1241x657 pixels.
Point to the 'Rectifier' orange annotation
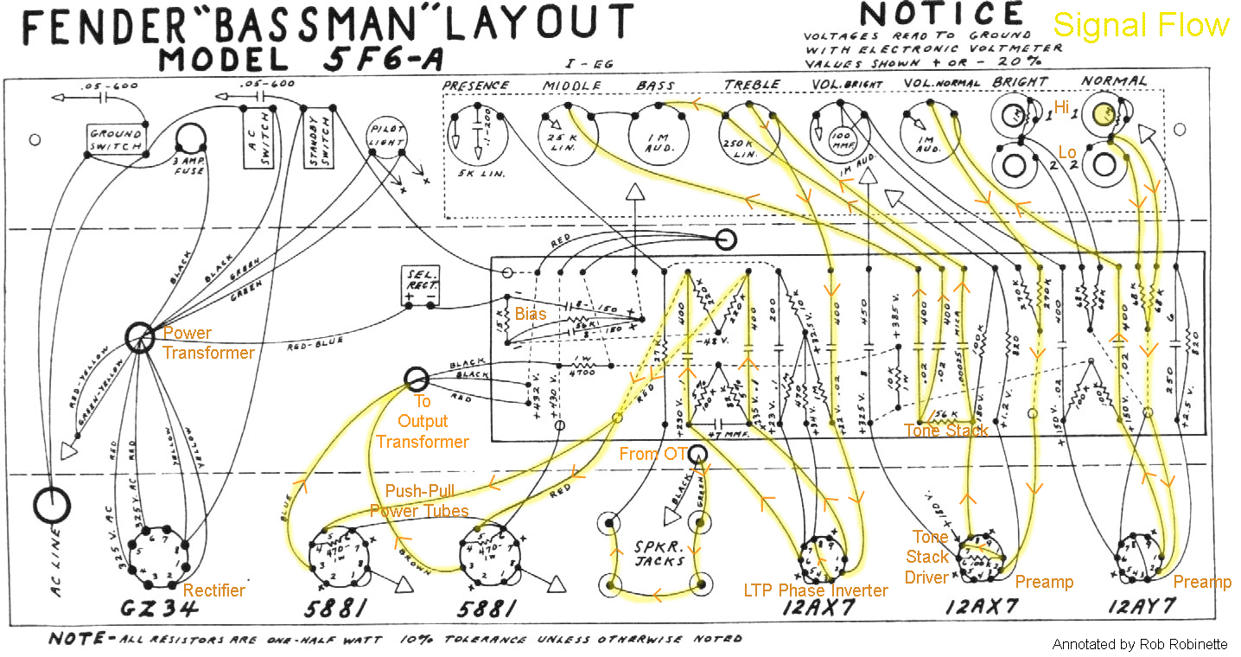[x=214, y=590]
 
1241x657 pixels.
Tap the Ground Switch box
[x=116, y=141]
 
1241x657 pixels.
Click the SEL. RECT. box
[x=419, y=286]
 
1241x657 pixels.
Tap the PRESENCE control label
[x=475, y=85]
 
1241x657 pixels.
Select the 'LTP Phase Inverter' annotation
[x=816, y=590]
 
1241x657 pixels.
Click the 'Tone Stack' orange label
[x=945, y=431]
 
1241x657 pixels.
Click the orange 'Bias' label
[x=531, y=314]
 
